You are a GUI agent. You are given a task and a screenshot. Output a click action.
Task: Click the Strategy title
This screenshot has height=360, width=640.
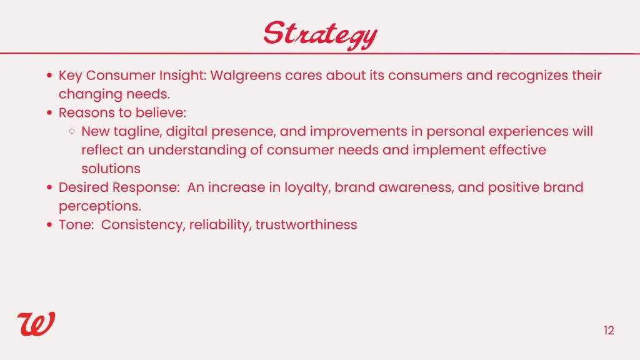320,35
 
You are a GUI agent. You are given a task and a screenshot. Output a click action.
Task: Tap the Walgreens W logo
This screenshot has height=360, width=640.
36,324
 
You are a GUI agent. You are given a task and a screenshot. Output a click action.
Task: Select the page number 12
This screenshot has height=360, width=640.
609,331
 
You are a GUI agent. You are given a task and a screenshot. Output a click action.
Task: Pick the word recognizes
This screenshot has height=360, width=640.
532,76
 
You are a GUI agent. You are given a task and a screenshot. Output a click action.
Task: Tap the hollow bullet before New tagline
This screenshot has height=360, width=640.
72,131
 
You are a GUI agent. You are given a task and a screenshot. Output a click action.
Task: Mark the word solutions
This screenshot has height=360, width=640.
111,169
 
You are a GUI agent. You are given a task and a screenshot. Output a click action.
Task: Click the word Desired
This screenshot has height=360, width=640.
84,187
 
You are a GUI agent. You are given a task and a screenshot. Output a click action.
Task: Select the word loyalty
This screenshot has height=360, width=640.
307,187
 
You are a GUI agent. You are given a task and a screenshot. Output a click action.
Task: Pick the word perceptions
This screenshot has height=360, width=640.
100,206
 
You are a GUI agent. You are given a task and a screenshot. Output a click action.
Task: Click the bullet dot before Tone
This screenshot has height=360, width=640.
50,225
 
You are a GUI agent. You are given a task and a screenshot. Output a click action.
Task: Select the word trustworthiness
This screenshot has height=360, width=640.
306,225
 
